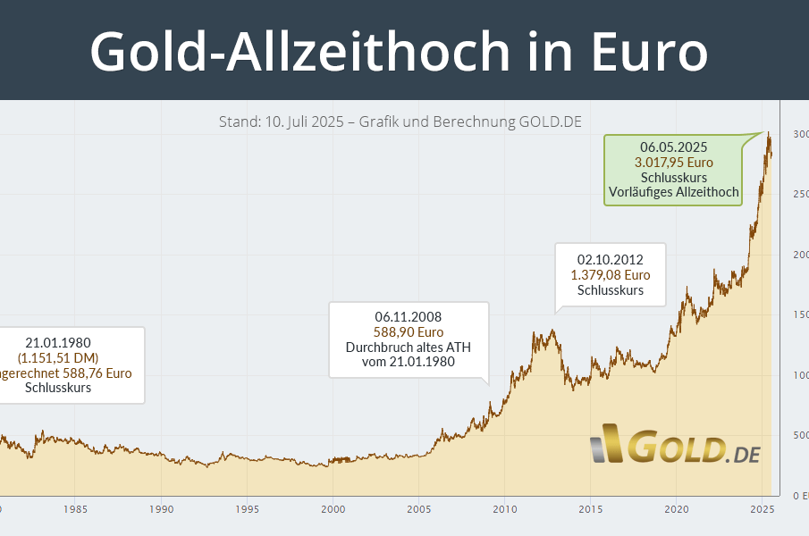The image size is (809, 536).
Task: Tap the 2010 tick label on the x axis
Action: (x=504, y=510)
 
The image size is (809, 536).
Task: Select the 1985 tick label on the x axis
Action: (x=76, y=510)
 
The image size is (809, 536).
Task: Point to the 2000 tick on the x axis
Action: (x=333, y=510)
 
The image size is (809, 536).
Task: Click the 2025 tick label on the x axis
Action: (x=761, y=510)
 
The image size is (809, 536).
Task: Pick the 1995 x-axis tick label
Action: (x=248, y=510)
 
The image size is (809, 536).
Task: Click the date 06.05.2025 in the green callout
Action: (x=674, y=147)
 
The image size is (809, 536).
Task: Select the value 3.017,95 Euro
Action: (x=674, y=162)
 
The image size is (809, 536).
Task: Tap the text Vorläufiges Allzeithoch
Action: (x=674, y=192)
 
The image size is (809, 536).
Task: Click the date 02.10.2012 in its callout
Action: (x=611, y=260)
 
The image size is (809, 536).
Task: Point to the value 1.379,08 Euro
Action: (x=611, y=275)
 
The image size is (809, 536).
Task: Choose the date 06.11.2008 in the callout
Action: (x=409, y=316)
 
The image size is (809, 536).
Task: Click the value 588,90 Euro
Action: (x=409, y=331)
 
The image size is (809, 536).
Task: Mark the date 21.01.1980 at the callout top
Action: (x=58, y=342)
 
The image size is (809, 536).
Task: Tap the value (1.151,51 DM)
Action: (x=58, y=357)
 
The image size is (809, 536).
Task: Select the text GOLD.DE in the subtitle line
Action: (x=550, y=121)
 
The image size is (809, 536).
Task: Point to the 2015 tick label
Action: (x=590, y=510)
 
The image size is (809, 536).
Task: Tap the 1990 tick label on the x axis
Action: (x=162, y=510)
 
